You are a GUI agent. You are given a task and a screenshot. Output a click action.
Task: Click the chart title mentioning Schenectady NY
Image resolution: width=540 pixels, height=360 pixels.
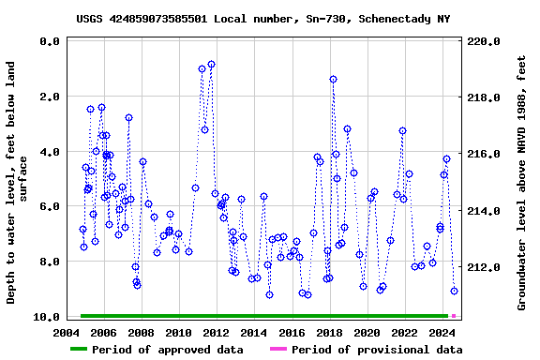coord(262,19)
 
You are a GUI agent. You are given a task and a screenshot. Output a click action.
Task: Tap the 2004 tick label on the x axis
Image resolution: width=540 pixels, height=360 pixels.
coord(66,333)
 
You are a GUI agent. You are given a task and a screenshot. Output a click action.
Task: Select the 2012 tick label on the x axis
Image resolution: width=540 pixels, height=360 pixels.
coord(216,333)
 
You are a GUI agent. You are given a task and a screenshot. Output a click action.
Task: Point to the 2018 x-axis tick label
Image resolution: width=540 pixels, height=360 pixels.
coord(329,333)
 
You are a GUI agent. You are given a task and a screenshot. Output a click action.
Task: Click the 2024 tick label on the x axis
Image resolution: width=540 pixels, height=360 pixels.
coord(442,333)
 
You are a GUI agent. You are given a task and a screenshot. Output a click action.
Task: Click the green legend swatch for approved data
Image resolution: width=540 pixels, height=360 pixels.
coord(90,350)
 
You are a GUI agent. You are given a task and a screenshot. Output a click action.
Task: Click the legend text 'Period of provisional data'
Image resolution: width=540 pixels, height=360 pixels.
coord(376,350)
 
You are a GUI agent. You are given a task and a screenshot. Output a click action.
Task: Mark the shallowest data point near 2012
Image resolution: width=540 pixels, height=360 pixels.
coord(211,64)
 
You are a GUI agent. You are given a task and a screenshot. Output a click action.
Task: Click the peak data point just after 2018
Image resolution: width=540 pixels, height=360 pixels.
coord(333,79)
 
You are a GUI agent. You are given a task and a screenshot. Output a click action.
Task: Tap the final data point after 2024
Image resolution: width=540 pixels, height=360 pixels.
coord(454,291)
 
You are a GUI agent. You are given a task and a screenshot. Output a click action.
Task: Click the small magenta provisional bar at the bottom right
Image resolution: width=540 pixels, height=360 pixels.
coord(454,316)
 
